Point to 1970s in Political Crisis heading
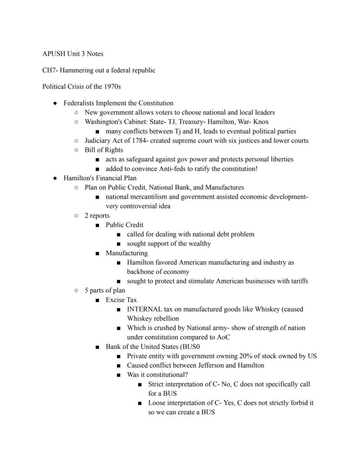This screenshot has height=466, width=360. point(112,86)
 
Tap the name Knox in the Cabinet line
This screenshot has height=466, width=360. point(261,122)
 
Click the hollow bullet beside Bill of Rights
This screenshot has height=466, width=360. point(76,150)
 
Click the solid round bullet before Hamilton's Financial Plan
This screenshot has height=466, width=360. point(55,178)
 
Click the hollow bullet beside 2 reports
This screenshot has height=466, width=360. point(76,215)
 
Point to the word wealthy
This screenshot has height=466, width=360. point(200,244)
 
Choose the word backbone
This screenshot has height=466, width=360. point(140,272)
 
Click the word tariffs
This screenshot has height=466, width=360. point(298,281)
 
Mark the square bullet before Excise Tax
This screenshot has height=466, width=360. point(97,300)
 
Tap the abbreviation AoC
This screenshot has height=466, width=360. point(223,337)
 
